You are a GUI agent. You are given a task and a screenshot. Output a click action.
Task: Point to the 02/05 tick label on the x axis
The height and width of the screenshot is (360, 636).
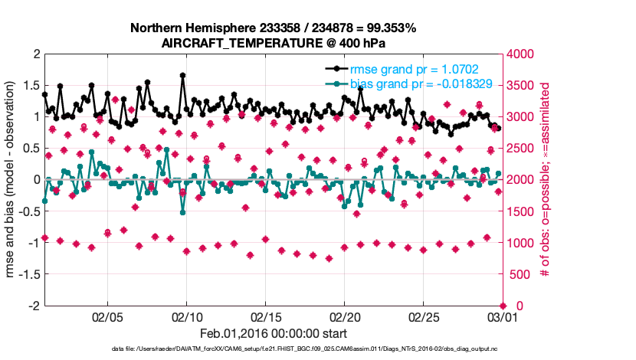(107, 316)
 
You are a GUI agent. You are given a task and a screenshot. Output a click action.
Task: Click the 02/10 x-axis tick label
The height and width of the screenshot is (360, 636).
(186, 316)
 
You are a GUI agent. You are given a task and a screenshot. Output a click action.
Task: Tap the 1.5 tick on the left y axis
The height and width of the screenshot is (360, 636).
(31, 86)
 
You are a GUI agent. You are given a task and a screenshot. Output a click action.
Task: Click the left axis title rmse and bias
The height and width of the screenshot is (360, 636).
(13, 180)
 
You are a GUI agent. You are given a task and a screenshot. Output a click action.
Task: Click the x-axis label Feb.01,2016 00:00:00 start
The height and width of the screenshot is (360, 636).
(273, 333)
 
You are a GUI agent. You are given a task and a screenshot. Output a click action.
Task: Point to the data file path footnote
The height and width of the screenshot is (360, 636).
(304, 349)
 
